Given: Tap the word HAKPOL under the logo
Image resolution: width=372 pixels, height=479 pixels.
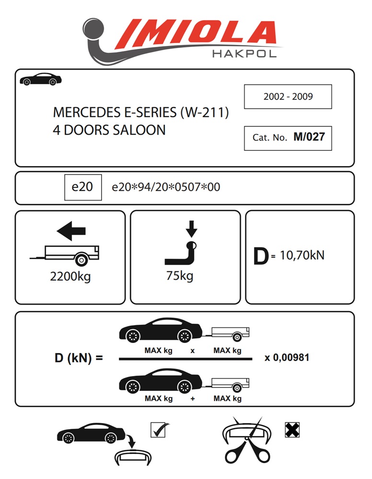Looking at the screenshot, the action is [244, 54].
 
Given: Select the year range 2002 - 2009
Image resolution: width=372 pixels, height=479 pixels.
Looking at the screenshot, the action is [288, 97].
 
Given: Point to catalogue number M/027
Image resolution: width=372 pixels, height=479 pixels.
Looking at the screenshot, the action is [309, 137].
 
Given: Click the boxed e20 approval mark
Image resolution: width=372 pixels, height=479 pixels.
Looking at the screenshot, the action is [83, 187].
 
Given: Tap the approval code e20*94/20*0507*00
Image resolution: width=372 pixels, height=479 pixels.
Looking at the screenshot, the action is [166, 187].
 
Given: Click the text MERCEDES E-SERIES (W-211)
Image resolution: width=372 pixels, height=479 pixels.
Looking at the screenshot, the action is [141, 113].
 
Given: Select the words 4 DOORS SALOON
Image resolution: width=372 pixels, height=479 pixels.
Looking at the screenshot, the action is [109, 130].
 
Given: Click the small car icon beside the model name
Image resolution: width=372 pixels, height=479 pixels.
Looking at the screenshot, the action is [40, 80].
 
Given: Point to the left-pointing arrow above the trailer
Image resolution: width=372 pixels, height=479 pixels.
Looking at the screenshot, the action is [71, 231].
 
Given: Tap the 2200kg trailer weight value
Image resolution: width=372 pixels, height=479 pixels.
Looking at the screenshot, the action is [70, 276].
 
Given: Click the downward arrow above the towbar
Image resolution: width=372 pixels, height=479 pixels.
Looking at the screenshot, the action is [191, 229].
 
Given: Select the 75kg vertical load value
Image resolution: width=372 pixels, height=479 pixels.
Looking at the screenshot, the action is [180, 276].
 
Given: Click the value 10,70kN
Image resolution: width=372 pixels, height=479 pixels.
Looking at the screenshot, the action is [302, 255].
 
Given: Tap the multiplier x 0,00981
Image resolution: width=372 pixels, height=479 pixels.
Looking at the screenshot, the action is [287, 357].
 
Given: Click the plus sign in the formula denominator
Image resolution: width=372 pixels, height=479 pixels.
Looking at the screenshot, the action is [193, 399].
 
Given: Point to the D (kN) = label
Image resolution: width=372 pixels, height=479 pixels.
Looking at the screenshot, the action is [79, 358].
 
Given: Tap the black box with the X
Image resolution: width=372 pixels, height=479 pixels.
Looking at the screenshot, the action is [292, 430].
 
